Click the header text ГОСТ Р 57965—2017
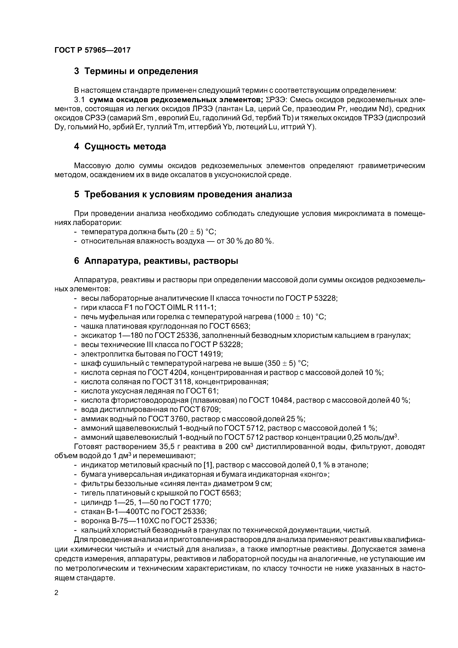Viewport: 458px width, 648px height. point(92,50)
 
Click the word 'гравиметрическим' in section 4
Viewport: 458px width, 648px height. point(391,166)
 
